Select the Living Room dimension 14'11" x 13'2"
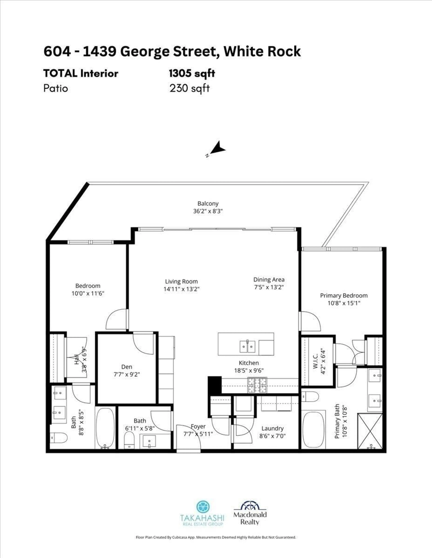181,289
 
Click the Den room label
127,367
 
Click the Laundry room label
272,428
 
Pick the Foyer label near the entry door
198,426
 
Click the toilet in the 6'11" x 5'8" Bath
129,440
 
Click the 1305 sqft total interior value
192,74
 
